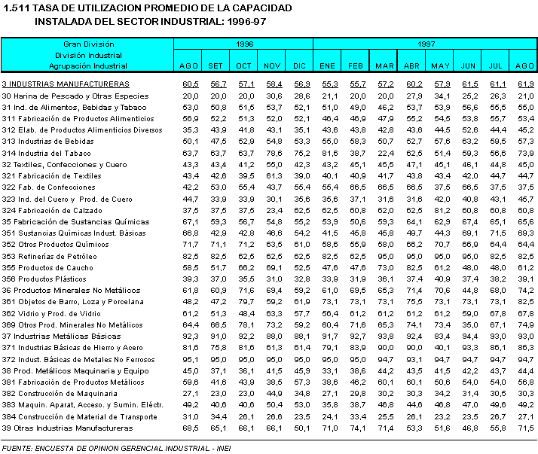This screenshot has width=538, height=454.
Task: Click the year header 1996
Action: [244, 44]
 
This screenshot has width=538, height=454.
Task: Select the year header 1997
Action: [426, 44]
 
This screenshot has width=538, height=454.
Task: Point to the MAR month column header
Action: [385, 66]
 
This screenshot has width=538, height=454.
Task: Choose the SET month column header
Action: [216, 66]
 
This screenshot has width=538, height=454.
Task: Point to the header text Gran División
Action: [89, 44]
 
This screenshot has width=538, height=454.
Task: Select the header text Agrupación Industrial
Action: [88, 66]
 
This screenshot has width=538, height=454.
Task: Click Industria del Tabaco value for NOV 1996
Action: [273, 153]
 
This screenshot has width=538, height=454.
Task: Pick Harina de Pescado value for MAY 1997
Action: [442, 96]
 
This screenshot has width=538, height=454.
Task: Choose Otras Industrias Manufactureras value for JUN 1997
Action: [469, 428]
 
